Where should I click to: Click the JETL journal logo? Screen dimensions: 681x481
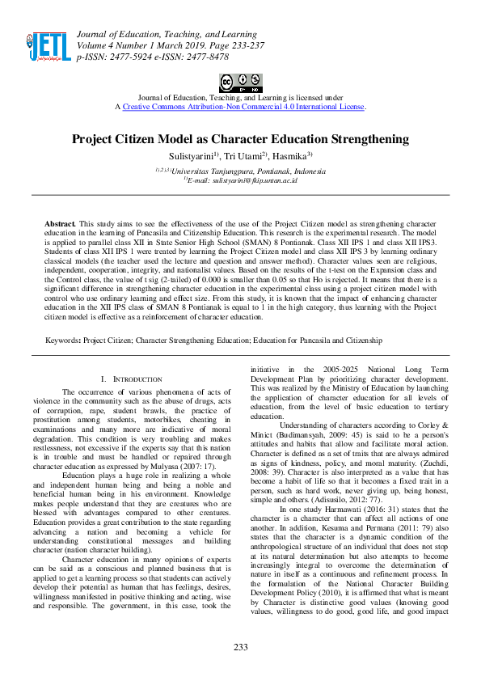[x=46, y=46]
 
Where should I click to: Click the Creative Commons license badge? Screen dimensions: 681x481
[x=240, y=83]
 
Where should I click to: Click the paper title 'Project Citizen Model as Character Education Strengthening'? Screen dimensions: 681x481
[x=240, y=139]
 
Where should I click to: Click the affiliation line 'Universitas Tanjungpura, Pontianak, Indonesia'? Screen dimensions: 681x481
[x=243, y=171]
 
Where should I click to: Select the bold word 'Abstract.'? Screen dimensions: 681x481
[x=60, y=222]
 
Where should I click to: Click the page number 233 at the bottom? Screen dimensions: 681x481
[x=240, y=647]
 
